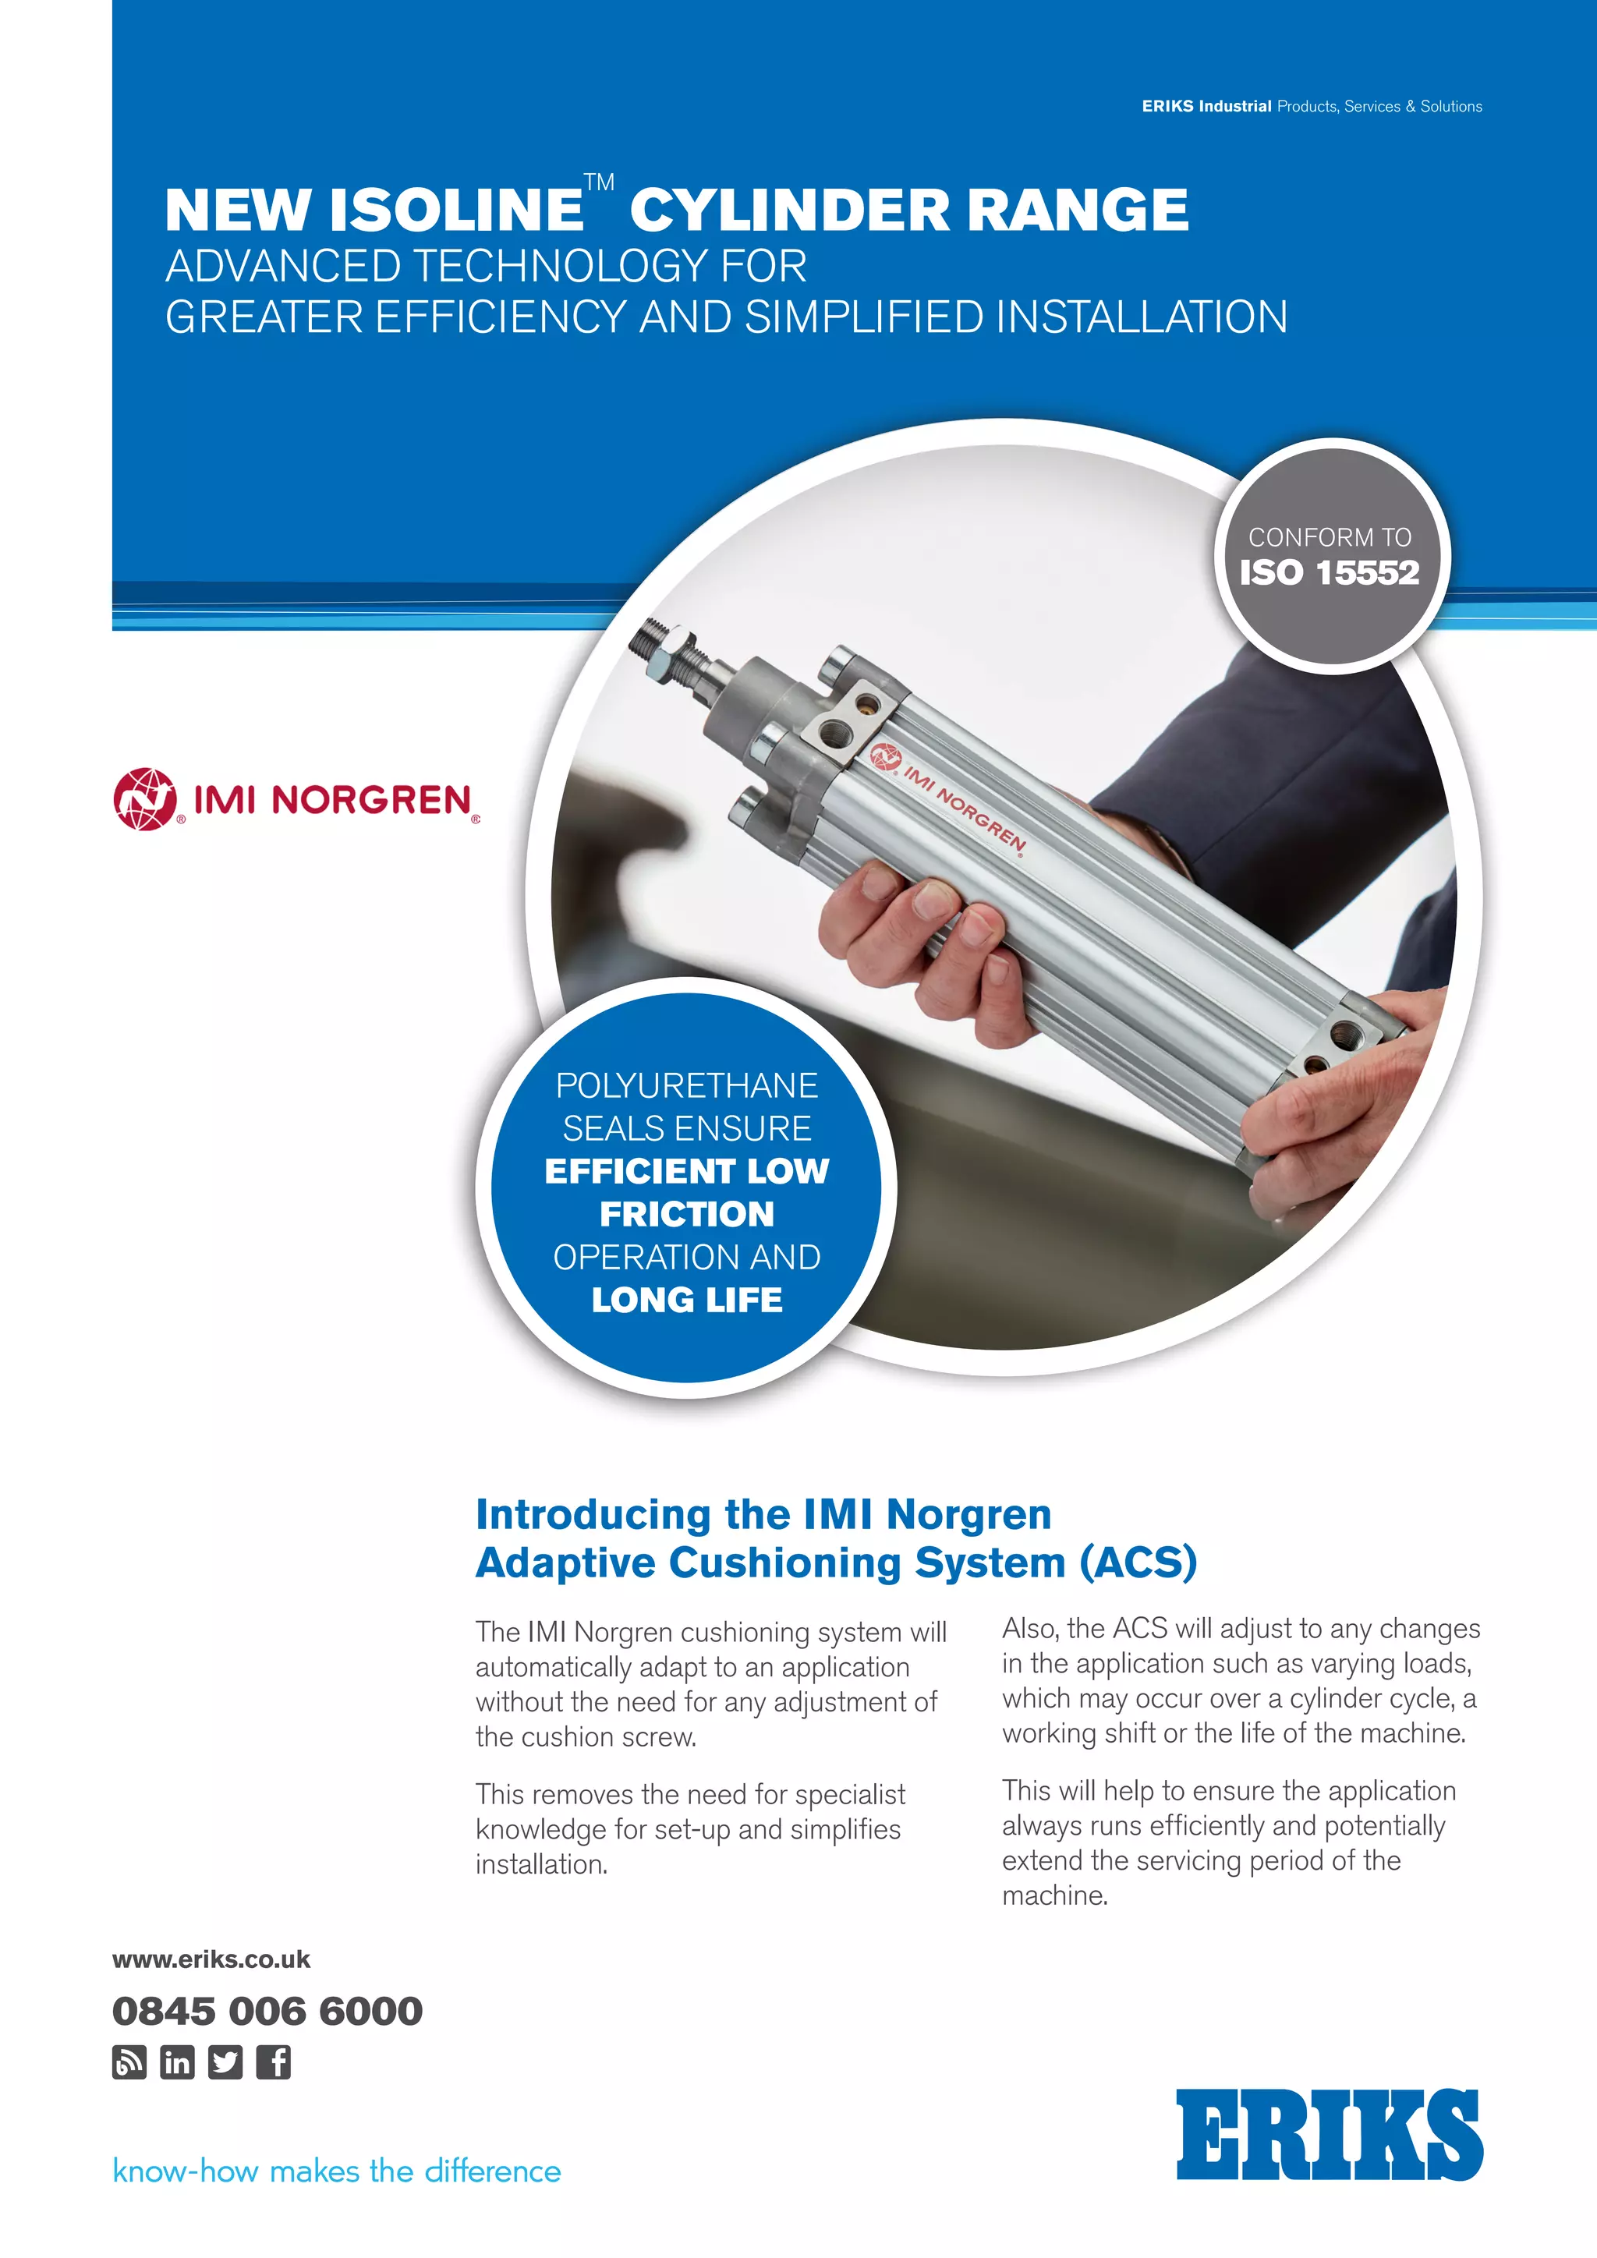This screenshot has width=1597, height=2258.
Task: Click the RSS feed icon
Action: coord(129,2062)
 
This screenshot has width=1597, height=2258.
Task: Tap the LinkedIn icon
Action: coord(177,2062)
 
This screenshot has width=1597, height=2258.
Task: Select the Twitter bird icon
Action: coord(225,2062)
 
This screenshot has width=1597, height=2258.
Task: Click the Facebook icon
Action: coord(274,2062)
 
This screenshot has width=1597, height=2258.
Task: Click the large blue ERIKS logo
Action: coord(1329,2134)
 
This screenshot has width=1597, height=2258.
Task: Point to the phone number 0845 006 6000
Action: coord(267,2010)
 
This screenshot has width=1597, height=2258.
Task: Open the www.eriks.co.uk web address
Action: coord(211,1959)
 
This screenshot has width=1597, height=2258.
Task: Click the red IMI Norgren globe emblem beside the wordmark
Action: coord(144,798)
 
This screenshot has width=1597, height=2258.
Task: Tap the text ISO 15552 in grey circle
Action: coord(1330,572)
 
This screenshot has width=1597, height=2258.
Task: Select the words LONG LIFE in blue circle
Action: coord(686,1299)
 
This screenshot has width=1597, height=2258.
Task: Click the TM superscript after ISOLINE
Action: coord(599,183)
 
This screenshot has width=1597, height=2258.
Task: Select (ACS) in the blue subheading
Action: coord(1138,1563)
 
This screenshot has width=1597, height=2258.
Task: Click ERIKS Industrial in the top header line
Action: coord(1206,106)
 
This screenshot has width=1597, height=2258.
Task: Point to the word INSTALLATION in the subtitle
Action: coord(1141,317)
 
